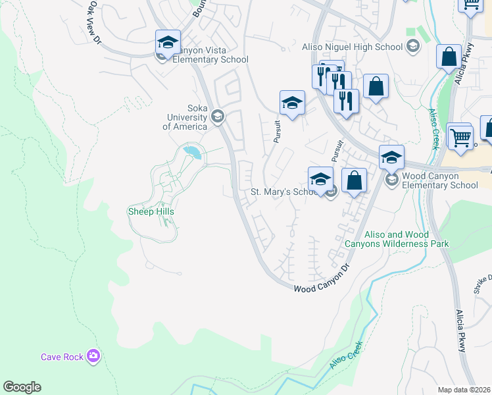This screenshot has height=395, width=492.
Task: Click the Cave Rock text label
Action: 62,357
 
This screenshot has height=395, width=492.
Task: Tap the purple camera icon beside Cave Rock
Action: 94,357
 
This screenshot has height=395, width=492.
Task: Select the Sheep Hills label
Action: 151,211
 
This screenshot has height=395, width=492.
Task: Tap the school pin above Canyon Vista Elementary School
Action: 168,43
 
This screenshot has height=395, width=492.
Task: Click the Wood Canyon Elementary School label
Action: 439,181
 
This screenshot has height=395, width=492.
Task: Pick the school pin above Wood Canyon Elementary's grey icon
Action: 391,158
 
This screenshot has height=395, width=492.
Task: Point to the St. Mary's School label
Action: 284,192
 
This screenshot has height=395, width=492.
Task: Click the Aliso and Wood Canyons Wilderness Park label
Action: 397,239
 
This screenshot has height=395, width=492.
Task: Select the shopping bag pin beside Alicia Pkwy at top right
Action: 449,57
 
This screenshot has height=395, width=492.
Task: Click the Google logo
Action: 22,387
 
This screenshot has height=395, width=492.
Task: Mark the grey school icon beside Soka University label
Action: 218,118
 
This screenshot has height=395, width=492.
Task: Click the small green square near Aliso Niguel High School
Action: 412,32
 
